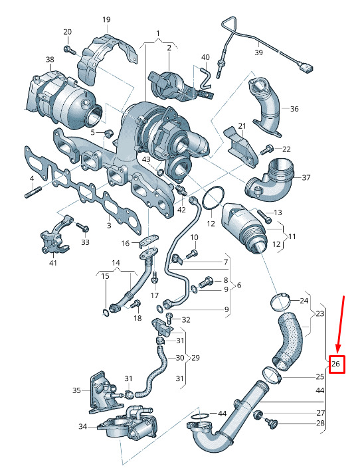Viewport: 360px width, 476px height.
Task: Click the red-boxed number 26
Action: tap(335, 363)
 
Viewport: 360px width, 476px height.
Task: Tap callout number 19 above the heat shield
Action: tap(106, 20)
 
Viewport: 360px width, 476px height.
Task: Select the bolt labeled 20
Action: tap(70, 50)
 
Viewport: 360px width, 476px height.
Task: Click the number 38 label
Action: tap(50, 60)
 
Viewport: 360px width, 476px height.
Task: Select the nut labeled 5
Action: tap(109, 132)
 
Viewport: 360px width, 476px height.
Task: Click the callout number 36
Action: tap(294, 109)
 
